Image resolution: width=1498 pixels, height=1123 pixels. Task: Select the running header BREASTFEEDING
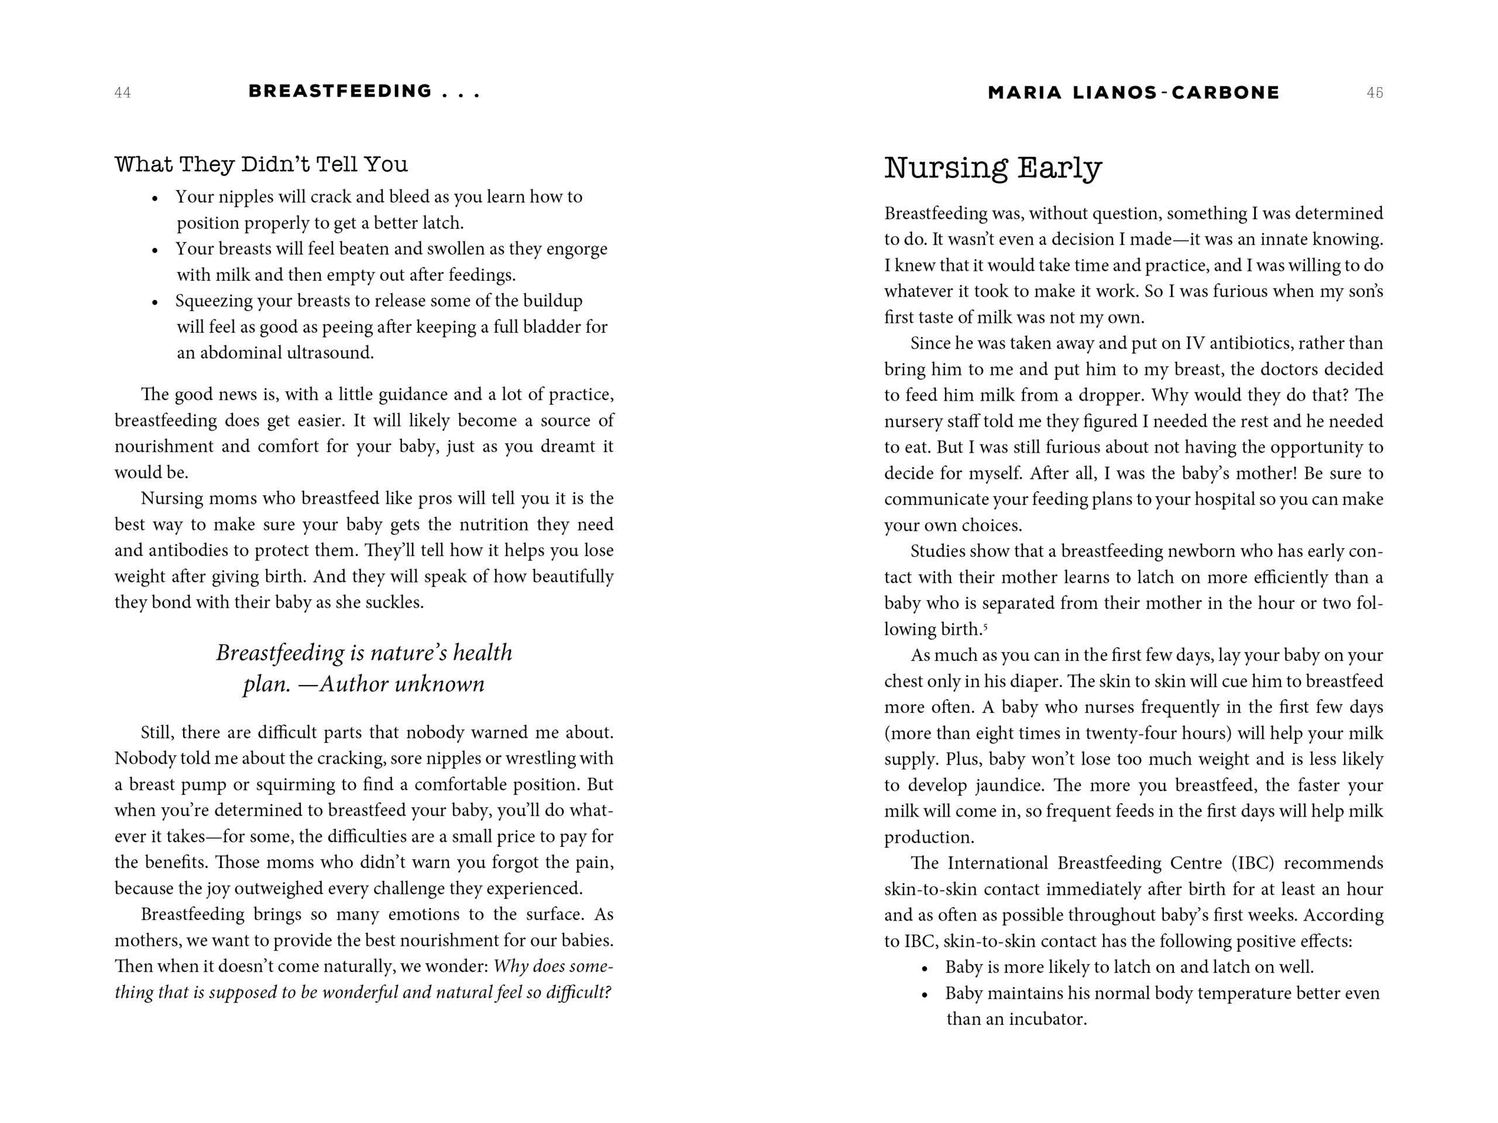coord(340,91)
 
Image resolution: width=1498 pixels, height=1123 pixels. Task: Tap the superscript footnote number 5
coord(985,626)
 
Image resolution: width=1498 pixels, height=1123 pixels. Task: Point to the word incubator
coord(1047,1019)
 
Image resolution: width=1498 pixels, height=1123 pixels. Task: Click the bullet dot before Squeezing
coord(155,302)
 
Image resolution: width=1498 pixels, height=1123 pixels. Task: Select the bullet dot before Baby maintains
coord(925,995)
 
